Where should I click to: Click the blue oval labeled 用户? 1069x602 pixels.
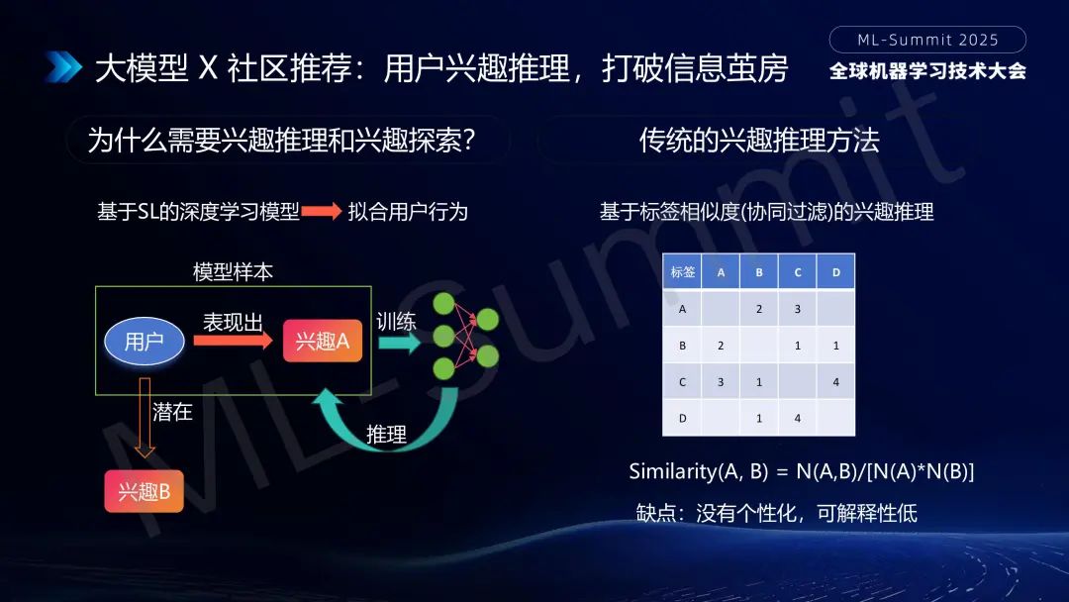pos(145,342)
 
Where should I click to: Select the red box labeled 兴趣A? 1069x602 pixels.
pos(322,342)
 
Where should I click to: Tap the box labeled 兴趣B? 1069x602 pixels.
pos(144,491)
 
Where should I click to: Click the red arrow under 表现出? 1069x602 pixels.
pos(233,341)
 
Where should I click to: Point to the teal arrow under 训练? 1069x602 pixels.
pos(399,343)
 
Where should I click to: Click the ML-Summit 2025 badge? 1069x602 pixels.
pos(927,40)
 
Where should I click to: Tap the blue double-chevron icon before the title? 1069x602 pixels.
pos(63,67)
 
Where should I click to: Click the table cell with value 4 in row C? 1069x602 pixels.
pos(835,381)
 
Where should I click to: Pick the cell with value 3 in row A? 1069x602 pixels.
pos(797,308)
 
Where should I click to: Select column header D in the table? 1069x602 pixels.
pos(835,272)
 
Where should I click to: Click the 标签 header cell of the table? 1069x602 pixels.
pos(682,272)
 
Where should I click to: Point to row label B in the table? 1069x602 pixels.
pos(682,345)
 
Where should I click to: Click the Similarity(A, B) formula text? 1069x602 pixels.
pos(802,471)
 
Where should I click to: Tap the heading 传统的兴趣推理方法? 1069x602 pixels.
pos(759,141)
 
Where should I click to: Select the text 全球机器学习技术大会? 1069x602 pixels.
pos(927,71)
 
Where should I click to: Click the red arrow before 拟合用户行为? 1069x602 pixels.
pos(322,212)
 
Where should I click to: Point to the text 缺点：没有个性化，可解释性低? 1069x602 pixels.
pos(777,513)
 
